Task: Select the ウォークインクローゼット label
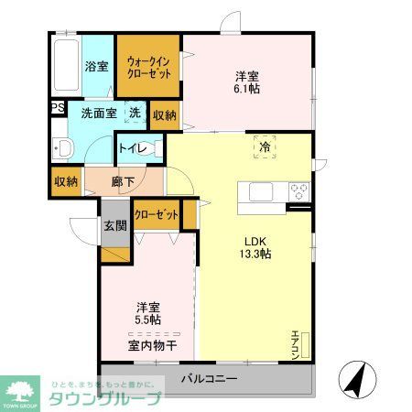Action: point(149,67)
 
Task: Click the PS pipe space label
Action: point(57,108)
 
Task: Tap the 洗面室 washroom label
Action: point(98,114)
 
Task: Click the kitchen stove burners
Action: point(298,192)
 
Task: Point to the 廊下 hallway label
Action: point(124,181)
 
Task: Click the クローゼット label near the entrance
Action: point(157,215)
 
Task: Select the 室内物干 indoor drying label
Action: point(152,345)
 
